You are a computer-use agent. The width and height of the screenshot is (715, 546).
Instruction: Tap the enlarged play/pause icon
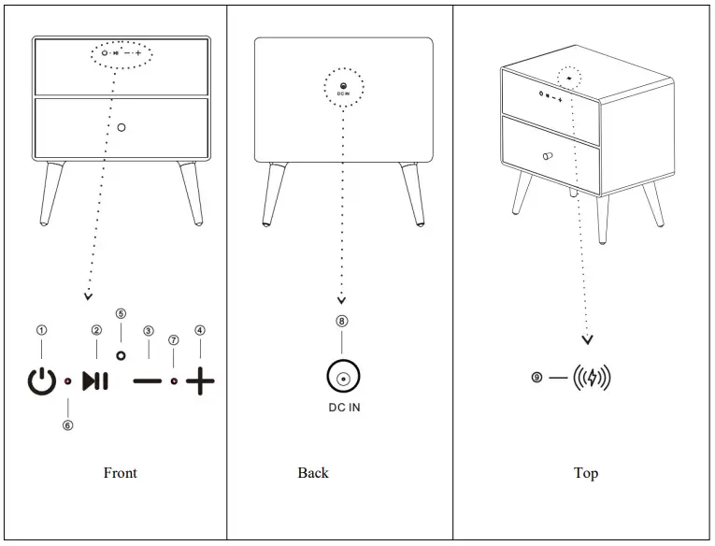pos(94,381)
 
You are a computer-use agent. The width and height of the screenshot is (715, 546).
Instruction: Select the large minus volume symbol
pos(147,381)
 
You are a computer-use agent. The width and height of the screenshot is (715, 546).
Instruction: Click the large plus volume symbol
pos(200,381)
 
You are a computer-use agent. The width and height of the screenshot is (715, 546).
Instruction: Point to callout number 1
pos(40,330)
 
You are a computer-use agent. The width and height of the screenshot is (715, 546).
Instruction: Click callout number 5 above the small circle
pos(121,313)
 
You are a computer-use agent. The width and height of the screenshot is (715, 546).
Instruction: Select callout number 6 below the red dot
pos(68,425)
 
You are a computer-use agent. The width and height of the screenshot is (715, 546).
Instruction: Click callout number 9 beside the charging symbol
pos(536,378)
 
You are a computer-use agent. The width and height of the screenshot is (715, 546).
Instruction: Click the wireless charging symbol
pos(591,378)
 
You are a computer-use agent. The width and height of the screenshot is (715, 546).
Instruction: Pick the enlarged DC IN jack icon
pos(342,379)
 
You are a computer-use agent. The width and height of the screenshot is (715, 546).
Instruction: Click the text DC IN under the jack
pos(342,409)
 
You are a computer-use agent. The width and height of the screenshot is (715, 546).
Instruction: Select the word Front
pos(120,473)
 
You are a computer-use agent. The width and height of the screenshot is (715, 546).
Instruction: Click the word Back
pos(313,473)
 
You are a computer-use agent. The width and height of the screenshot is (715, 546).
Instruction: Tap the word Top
pos(586,473)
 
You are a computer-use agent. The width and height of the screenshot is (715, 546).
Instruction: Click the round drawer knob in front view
pos(122,126)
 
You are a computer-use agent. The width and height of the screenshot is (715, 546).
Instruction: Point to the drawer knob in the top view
pos(547,155)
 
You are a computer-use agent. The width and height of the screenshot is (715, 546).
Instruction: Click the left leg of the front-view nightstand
pos(53,194)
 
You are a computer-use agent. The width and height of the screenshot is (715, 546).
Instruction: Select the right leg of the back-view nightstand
pos(411,194)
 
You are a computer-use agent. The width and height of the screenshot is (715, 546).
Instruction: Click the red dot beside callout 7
pos(175,381)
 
